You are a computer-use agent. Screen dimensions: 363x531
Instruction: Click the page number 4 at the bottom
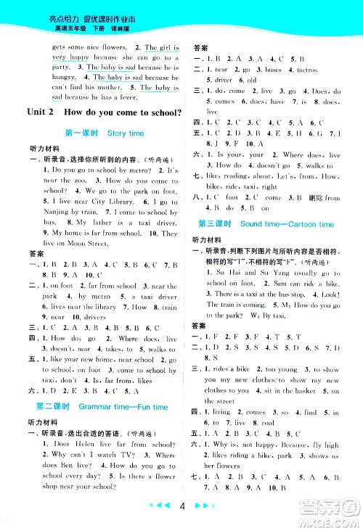click(186, 506)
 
